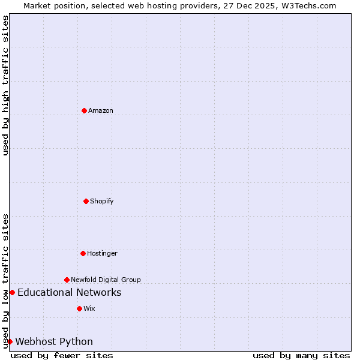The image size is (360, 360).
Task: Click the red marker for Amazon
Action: pyautogui.click(x=84, y=110)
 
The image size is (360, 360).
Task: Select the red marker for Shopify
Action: pyautogui.click(x=86, y=201)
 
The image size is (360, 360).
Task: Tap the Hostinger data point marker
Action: pyautogui.click(x=83, y=253)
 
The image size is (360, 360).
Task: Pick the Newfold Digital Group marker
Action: pyautogui.click(x=67, y=280)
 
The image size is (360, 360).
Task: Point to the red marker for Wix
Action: pyautogui.click(x=79, y=308)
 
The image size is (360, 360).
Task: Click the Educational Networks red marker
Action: pyautogui.click(x=12, y=292)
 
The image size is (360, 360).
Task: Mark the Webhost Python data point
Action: pyautogui.click(x=10, y=341)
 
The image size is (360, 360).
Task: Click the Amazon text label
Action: pyautogui.click(x=101, y=110)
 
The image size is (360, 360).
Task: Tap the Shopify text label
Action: pyautogui.click(x=102, y=201)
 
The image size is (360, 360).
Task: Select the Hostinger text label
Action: pyautogui.click(x=102, y=253)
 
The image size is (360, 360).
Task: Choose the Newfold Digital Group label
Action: pyautogui.click(x=106, y=280)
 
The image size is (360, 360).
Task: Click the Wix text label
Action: pyautogui.click(x=89, y=308)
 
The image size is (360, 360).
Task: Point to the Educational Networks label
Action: pyautogui.click(x=70, y=292)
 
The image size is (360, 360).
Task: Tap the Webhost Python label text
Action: pyautogui.click(x=54, y=341)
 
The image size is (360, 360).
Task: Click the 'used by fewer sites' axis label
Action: pyautogui.click(x=62, y=355)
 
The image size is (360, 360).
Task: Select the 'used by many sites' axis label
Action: pyautogui.click(x=301, y=355)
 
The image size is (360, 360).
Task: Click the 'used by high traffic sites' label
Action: pyautogui.click(x=5, y=85)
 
